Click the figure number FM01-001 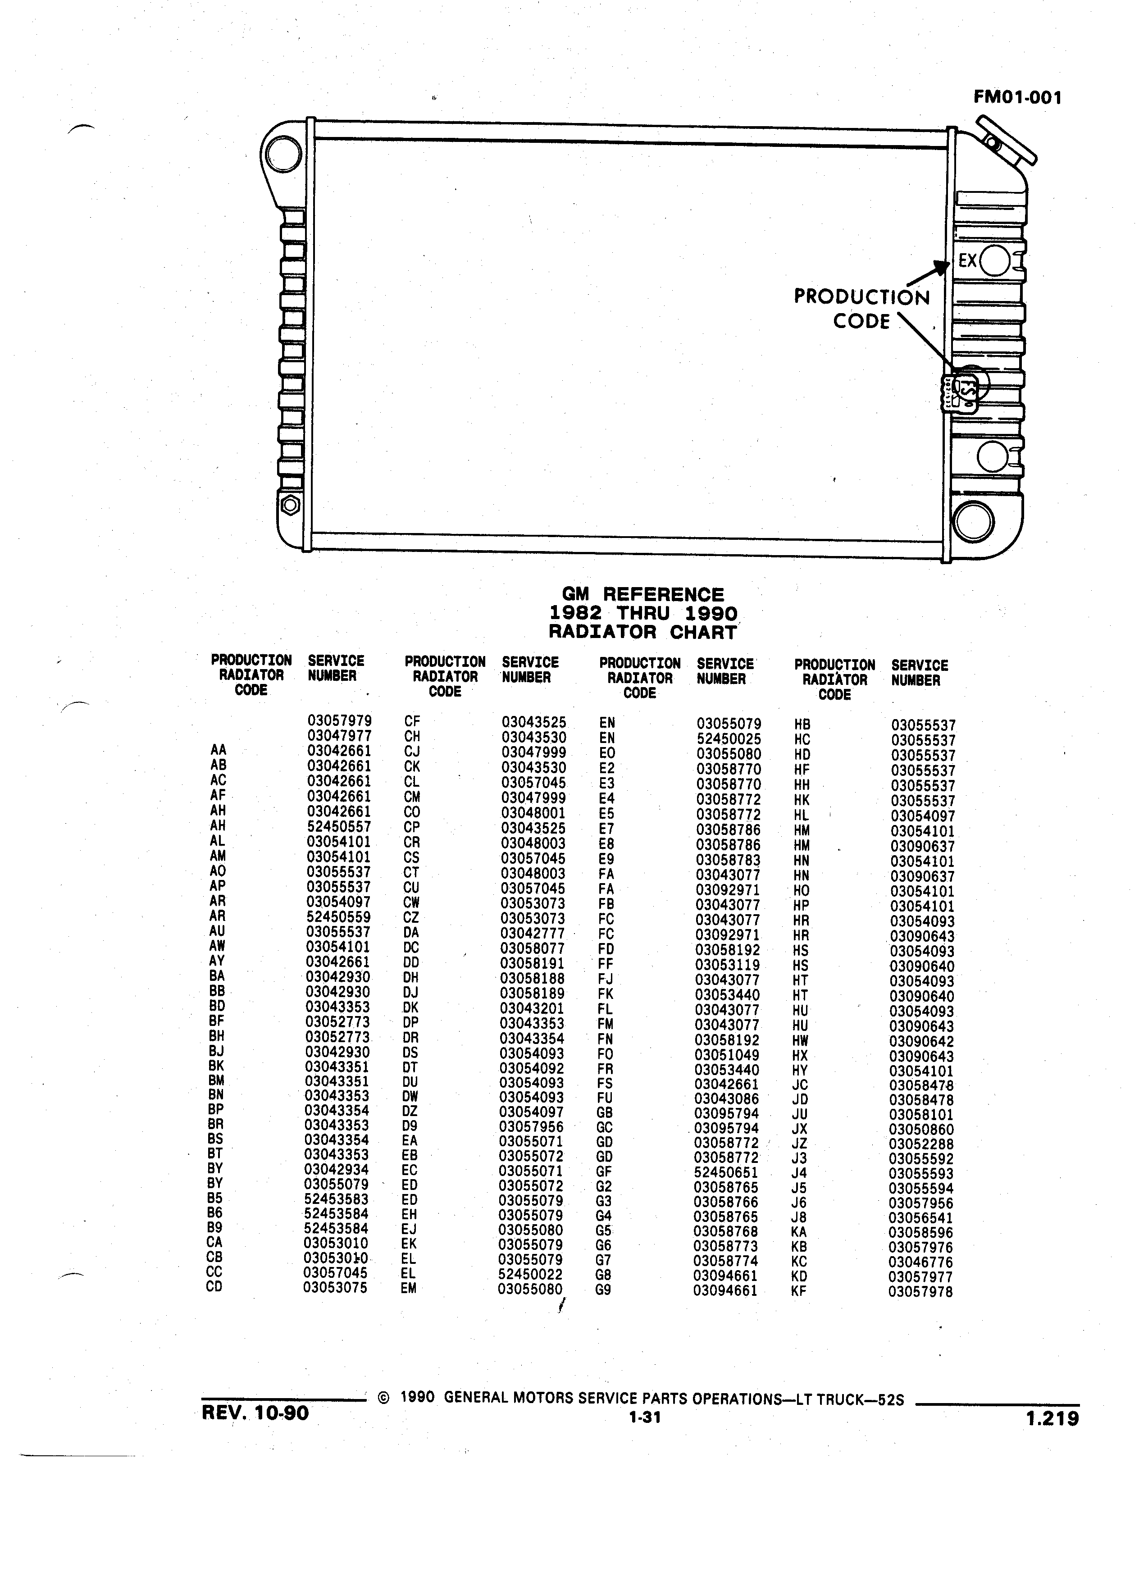tap(1017, 97)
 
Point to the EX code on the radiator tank tap(967, 261)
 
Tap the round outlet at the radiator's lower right tap(973, 521)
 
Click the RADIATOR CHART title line tap(642, 632)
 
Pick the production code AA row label tap(218, 750)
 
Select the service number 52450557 tap(339, 826)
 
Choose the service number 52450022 tap(531, 1274)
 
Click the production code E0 tap(607, 753)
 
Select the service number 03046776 tap(921, 1262)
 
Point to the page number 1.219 tap(1052, 1418)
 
